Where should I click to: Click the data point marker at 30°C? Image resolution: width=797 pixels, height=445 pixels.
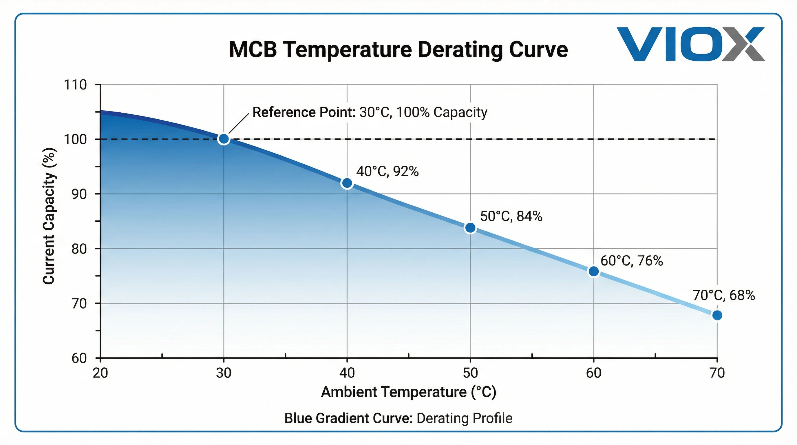click(x=224, y=139)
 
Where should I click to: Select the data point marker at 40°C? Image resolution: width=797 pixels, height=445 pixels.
click(x=347, y=183)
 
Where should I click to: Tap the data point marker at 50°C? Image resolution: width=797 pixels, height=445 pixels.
click(x=470, y=228)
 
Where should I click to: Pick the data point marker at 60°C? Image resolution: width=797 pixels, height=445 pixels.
click(x=593, y=271)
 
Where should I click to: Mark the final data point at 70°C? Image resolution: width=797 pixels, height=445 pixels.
click(x=717, y=315)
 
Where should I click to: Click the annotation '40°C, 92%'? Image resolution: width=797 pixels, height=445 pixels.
click(x=387, y=171)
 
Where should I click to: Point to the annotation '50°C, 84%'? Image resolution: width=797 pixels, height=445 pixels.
click(x=511, y=216)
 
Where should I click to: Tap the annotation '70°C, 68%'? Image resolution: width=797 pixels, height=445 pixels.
click(x=724, y=295)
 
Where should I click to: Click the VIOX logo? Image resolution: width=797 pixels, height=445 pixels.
click(x=690, y=44)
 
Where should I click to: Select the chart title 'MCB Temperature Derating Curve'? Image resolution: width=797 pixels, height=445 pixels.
click(x=398, y=50)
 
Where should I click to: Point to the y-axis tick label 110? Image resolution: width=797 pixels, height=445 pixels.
click(x=75, y=85)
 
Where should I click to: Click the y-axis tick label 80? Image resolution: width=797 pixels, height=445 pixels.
click(x=79, y=249)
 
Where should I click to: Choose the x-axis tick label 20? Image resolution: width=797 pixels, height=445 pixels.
click(x=100, y=373)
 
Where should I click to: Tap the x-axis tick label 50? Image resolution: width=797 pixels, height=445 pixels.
click(x=470, y=373)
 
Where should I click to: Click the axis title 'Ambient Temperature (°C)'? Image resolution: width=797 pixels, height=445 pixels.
click(x=408, y=392)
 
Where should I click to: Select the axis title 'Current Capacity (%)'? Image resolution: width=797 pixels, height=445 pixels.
click(x=49, y=216)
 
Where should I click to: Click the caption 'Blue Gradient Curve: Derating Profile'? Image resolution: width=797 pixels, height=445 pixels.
click(x=398, y=418)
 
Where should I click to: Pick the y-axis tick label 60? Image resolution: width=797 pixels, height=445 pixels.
click(x=79, y=358)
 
